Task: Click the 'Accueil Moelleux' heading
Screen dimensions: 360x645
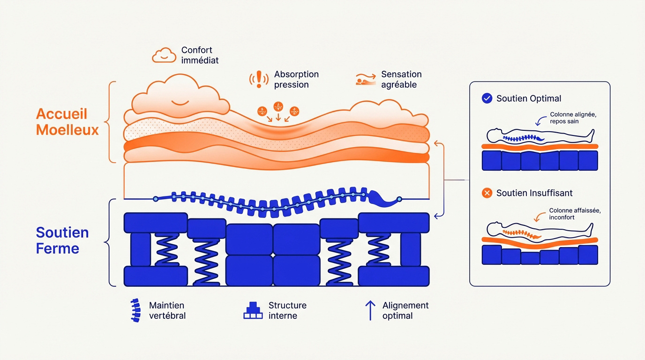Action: pos(67,121)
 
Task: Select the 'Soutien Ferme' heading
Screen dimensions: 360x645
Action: pos(62,240)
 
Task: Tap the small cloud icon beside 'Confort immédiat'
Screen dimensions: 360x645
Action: pos(164,55)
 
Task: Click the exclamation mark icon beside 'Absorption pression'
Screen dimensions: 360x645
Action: pos(259,79)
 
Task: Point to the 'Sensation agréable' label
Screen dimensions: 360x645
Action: pos(401,79)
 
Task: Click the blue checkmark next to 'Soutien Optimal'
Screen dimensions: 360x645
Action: pos(487,98)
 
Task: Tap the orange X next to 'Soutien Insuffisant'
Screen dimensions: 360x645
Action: pos(487,193)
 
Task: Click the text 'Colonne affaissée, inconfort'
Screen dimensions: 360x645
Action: pos(575,214)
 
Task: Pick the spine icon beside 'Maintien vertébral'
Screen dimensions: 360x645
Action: pos(135,310)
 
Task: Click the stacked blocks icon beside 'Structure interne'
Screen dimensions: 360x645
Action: pos(253,310)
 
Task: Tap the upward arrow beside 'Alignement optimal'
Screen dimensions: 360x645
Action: pos(370,310)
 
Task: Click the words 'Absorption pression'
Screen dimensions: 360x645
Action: pos(296,79)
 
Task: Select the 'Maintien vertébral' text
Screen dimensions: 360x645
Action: pos(167,310)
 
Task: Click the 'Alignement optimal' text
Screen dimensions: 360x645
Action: pos(405,310)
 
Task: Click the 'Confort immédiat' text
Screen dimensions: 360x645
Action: pos(200,55)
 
